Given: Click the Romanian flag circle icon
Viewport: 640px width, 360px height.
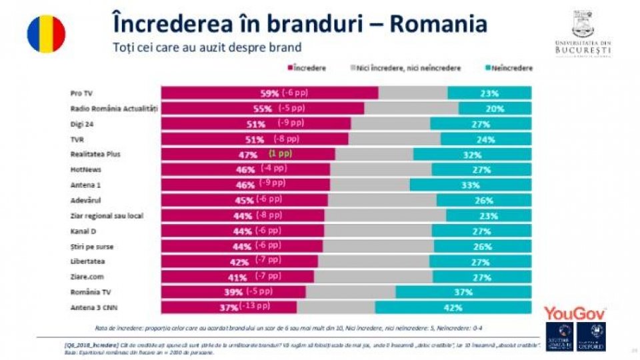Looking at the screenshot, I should pos(46,33).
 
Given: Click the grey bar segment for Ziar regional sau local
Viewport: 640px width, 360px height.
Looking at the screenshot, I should pos(385,215).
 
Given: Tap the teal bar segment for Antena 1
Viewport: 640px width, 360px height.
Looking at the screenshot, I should pos(471,185).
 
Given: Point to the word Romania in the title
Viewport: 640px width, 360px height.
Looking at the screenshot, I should pos(438,23).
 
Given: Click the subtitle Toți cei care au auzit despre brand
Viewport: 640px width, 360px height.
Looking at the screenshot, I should pos(207,47).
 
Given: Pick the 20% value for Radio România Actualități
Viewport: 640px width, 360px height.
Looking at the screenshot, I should pos(495,109).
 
